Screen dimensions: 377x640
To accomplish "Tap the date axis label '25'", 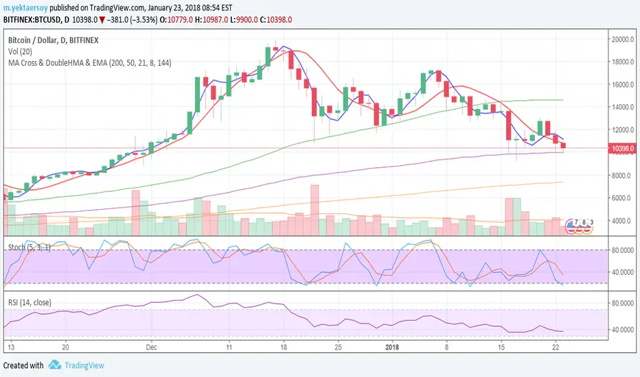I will click(x=337, y=347).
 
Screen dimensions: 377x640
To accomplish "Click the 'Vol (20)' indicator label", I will click(x=19, y=52).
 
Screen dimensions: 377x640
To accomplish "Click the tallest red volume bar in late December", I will click(x=315, y=210).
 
